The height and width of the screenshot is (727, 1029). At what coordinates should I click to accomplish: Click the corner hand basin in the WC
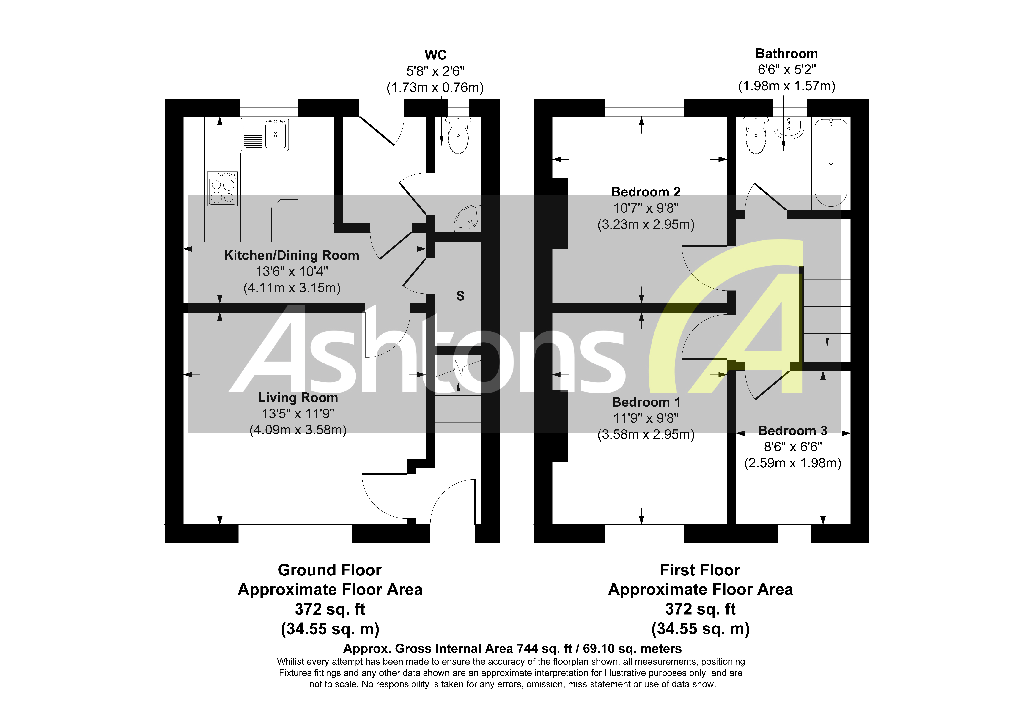[x=467, y=219]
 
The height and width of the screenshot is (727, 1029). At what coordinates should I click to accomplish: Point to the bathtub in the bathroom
[x=830, y=162]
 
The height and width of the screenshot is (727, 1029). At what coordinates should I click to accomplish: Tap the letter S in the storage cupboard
[x=460, y=296]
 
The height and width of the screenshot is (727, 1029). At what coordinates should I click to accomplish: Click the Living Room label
[x=298, y=398]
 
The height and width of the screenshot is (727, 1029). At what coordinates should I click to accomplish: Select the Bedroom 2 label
[x=646, y=192]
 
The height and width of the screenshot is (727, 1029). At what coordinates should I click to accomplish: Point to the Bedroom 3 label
[x=792, y=431]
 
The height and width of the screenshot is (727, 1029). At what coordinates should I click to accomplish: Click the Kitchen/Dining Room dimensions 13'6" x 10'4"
[x=292, y=272]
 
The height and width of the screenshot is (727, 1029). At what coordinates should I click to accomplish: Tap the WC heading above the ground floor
[x=435, y=55]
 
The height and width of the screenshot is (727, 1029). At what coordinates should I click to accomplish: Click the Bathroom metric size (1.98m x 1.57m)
[x=786, y=86]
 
